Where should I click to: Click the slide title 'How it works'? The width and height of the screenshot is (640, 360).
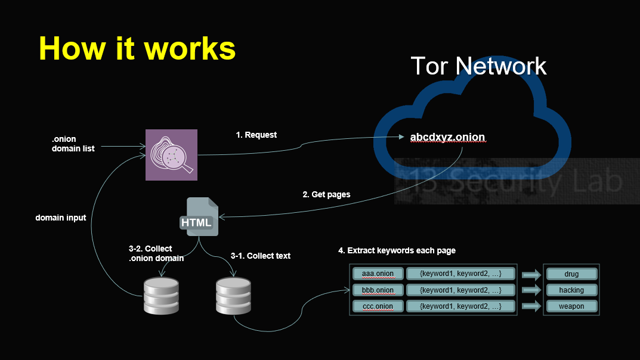(x=137, y=48)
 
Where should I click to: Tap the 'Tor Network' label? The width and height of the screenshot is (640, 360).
(x=478, y=66)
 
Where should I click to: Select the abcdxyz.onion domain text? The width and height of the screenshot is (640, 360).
(x=447, y=137)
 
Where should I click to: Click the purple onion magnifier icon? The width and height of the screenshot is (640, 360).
(x=171, y=154)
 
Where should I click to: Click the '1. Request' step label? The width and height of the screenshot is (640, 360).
(x=256, y=135)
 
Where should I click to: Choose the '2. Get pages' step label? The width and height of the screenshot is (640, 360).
(x=326, y=194)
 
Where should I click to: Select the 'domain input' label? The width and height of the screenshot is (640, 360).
(x=61, y=218)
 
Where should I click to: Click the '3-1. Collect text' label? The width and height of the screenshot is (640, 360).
(x=261, y=256)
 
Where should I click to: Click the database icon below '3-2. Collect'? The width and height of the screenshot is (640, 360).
(x=161, y=295)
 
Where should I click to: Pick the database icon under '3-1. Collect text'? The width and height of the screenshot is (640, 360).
(x=233, y=296)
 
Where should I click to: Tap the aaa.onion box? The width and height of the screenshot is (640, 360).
(x=378, y=274)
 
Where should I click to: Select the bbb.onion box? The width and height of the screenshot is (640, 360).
(x=378, y=290)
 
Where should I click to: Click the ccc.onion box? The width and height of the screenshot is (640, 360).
(x=378, y=306)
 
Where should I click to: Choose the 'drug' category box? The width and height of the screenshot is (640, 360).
(x=571, y=274)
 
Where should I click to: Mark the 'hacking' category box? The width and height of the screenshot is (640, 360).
(x=571, y=290)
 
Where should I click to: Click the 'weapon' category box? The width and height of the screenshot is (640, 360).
(x=571, y=306)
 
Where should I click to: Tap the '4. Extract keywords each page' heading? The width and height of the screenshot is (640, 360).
(x=397, y=250)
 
